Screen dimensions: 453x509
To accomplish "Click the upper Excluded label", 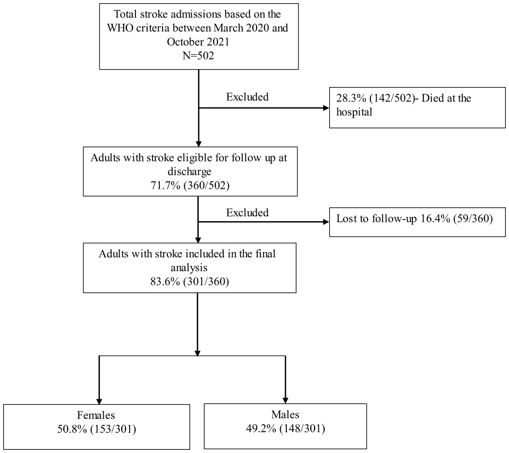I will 247,97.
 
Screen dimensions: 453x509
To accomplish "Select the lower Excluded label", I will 247,213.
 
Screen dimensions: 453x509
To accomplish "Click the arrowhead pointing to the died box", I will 325,108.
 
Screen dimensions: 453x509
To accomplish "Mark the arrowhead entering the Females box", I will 99,401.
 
